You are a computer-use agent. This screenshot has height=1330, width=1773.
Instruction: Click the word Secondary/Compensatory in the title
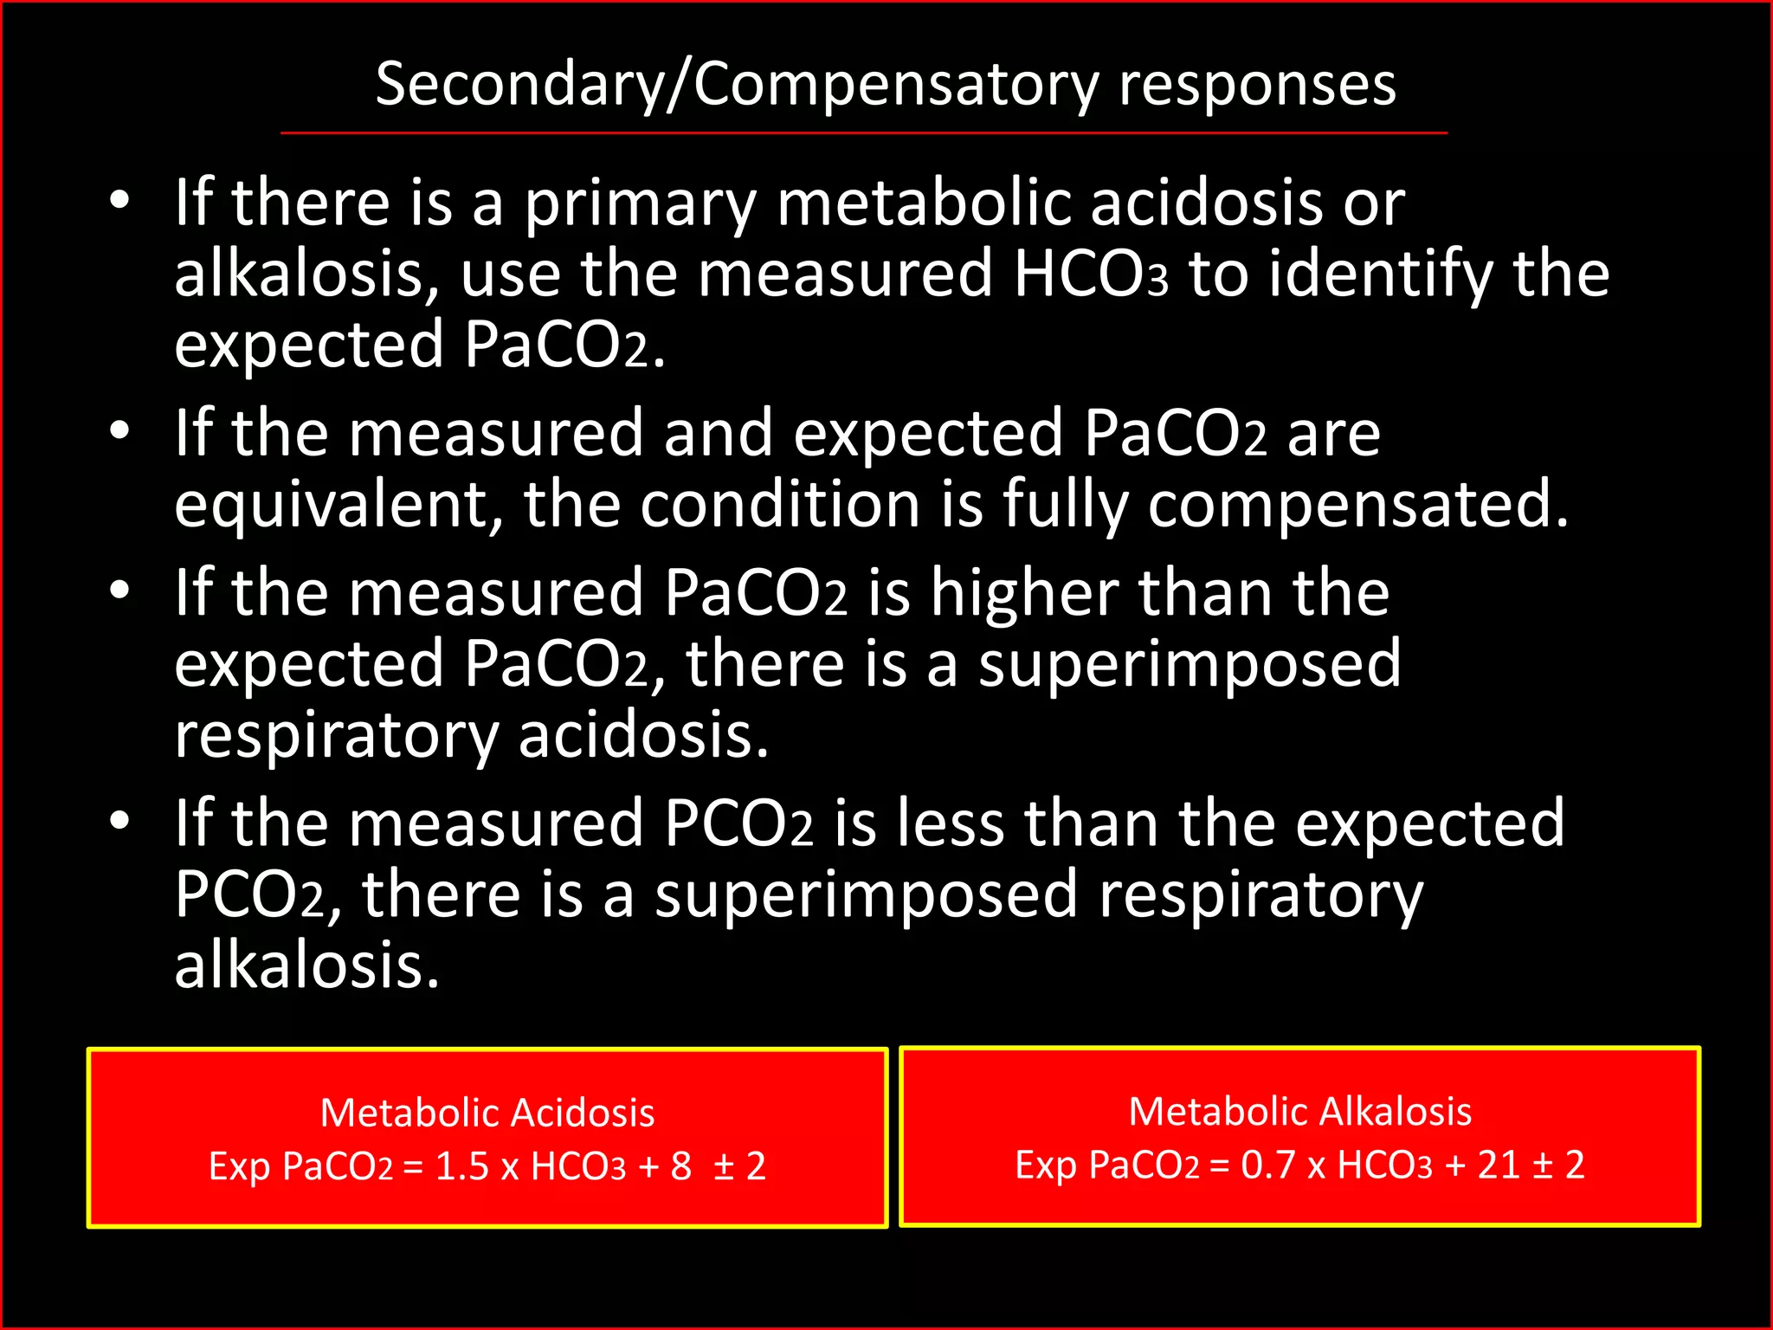coord(737,85)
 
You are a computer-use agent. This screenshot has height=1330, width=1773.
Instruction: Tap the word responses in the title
coord(1257,85)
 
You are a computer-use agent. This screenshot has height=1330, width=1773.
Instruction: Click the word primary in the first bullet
coord(641,203)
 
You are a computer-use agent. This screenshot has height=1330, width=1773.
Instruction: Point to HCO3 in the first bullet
coord(1091,274)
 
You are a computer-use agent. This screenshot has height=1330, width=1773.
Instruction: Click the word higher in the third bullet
coord(1025,594)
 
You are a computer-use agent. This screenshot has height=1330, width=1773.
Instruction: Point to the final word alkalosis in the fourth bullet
coord(307,965)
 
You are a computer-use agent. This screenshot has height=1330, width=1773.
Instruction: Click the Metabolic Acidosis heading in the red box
coord(487,1113)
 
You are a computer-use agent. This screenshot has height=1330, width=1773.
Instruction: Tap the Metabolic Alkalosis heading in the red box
coord(1300,1111)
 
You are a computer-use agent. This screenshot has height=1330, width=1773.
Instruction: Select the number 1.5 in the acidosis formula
coord(462,1166)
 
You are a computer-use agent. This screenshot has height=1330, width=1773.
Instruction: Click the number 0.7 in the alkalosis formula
coord(1269,1165)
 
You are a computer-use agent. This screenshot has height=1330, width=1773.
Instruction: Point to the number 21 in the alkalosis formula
coord(1499,1165)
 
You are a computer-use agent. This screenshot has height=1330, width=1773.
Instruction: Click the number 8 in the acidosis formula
coord(681,1166)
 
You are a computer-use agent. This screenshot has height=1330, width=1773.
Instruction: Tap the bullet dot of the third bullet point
coord(119,591)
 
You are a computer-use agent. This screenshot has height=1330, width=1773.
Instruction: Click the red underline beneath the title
coord(864,133)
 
